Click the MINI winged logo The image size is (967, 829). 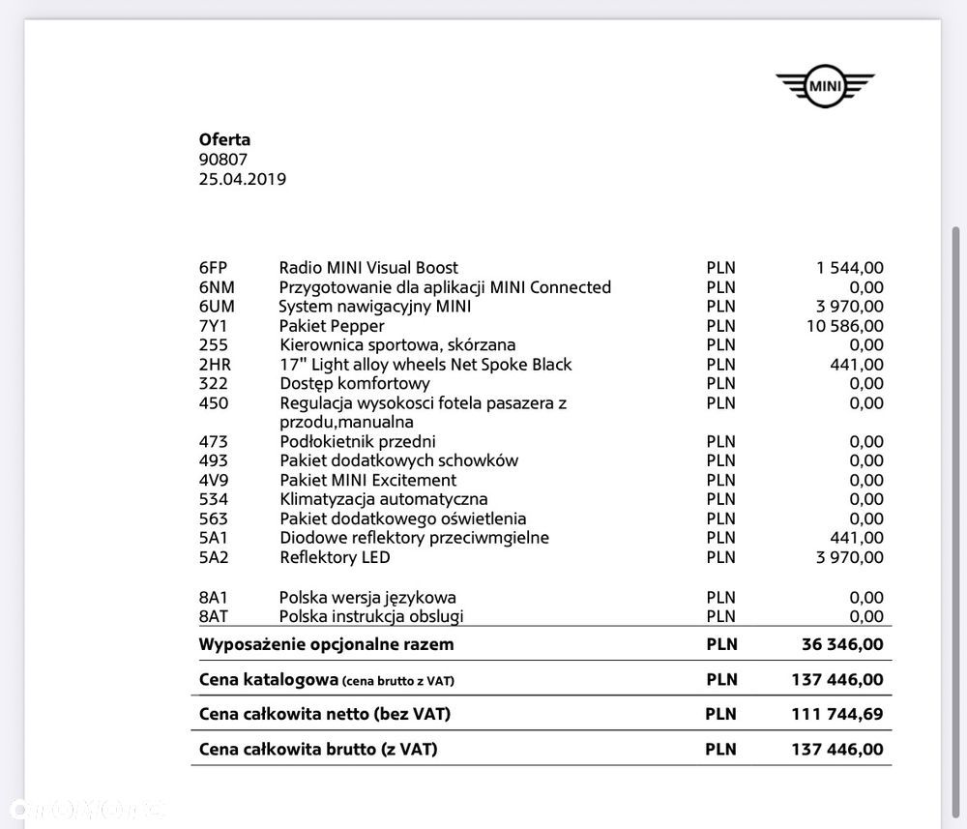(825, 87)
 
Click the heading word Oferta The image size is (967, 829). (224, 139)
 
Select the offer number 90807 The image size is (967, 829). (223, 160)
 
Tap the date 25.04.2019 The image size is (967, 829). (242, 179)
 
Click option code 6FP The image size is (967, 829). (215, 268)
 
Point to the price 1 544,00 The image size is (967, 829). (850, 268)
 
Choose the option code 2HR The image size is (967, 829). (216, 365)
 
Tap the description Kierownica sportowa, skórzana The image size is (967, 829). (397, 345)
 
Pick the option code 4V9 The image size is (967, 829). (215, 480)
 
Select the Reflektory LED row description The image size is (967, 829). (335, 557)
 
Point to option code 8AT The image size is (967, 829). (215, 616)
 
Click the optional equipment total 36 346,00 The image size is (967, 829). (842, 644)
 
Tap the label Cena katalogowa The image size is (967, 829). (268, 680)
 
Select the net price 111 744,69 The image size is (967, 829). (837, 715)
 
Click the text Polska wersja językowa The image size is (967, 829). (367, 597)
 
